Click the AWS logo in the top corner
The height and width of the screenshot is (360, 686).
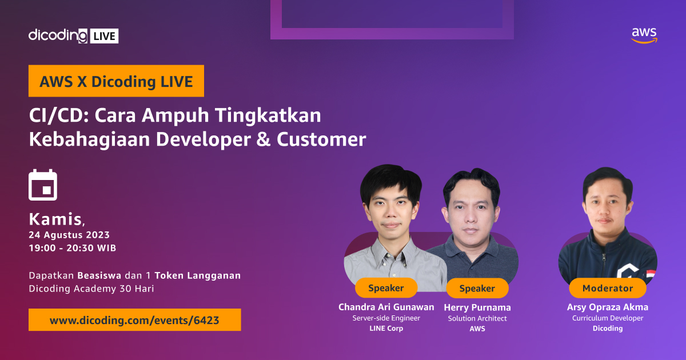(x=644, y=35)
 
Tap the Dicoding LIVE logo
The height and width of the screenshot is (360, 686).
(x=73, y=35)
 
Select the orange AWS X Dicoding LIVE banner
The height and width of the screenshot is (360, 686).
(x=116, y=81)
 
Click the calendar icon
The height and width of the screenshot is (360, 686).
(x=43, y=185)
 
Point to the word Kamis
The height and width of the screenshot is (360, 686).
(x=55, y=218)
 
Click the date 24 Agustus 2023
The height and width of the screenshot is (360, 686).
(x=69, y=235)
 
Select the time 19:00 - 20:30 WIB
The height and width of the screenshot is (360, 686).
(x=73, y=248)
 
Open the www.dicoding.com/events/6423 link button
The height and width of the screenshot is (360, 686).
(x=134, y=320)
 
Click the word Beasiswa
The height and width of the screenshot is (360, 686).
(x=99, y=275)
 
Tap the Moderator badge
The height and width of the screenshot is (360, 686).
(x=607, y=288)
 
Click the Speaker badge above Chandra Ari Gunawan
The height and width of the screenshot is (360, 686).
(x=386, y=288)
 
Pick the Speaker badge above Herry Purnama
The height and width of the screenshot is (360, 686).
(x=477, y=289)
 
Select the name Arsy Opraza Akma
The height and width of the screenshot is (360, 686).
(x=607, y=307)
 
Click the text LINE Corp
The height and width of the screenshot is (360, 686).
(x=386, y=329)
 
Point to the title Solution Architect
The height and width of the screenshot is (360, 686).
(x=477, y=318)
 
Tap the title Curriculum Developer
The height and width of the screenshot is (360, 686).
(x=607, y=318)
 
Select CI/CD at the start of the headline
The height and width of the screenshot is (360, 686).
(x=57, y=115)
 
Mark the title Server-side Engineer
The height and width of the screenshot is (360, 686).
(x=386, y=318)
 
